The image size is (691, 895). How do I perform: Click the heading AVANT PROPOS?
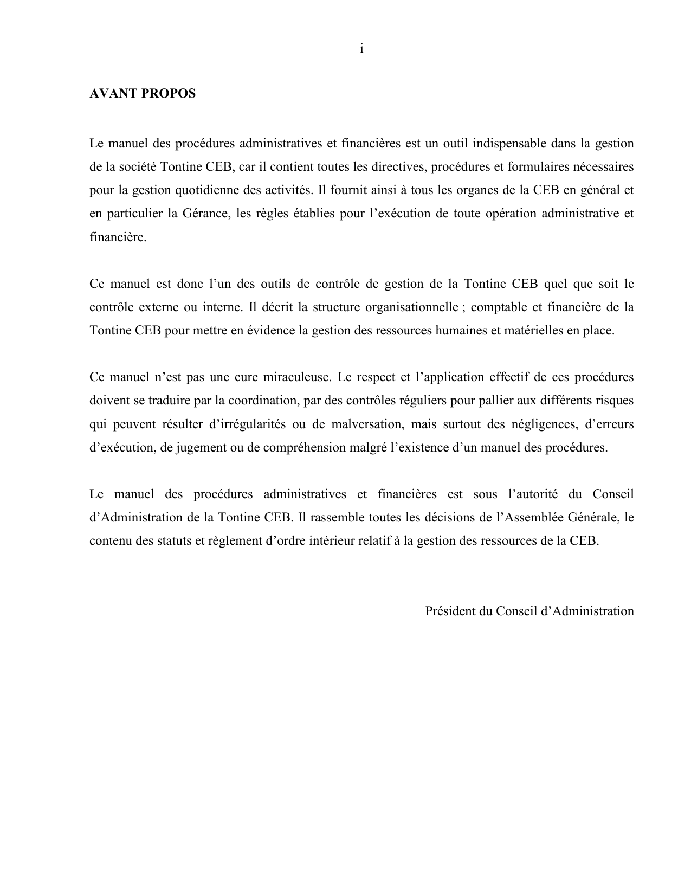pyautogui.click(x=142, y=94)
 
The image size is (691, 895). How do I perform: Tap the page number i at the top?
pyautogui.click(x=361, y=49)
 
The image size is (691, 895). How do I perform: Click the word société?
pyautogui.click(x=138, y=167)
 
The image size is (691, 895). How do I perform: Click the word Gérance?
pyautogui.click(x=200, y=214)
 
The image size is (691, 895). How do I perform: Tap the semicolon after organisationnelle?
pyautogui.click(x=462, y=308)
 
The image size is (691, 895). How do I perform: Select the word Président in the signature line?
pyautogui.click(x=449, y=611)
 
